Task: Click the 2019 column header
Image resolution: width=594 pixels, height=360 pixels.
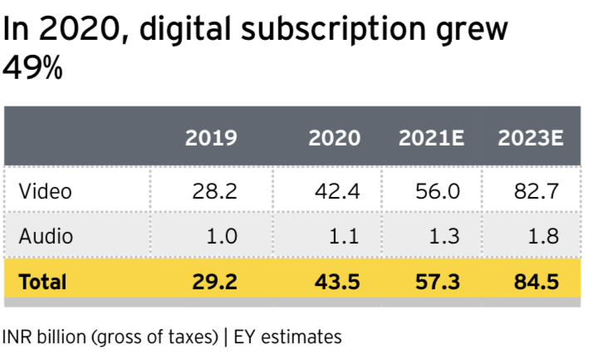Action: [211, 138]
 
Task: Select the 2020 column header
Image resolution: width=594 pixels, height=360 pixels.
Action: [335, 138]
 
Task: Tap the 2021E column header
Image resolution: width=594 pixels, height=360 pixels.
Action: [431, 138]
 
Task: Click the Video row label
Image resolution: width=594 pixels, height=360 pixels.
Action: [46, 191]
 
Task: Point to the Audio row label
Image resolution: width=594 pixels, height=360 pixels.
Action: [46, 236]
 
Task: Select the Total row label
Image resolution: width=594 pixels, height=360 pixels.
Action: [42, 281]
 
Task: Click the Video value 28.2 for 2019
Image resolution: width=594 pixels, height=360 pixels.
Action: [214, 191]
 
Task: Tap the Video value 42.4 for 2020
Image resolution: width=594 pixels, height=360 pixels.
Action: [336, 191]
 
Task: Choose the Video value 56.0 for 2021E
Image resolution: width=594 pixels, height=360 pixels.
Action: [436, 191]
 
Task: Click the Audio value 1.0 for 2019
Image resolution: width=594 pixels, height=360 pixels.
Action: [220, 236]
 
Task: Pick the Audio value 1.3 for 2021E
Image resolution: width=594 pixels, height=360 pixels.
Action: [444, 236]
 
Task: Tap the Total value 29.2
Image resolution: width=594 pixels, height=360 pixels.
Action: [214, 281]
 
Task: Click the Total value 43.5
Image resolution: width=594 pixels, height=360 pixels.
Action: [336, 281]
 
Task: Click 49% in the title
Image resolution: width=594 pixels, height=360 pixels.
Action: [33, 69]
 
